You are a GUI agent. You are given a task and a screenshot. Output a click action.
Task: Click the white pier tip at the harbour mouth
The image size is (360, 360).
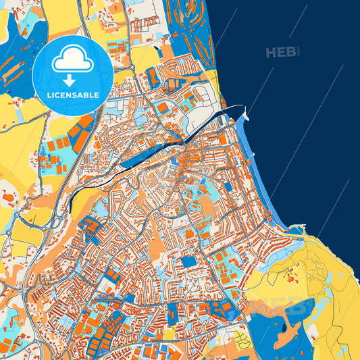pos(247,116)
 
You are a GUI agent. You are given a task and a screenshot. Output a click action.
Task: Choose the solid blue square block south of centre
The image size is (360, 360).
pos(188,261)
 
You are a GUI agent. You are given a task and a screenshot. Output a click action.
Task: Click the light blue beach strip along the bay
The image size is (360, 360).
pos(263,176)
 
